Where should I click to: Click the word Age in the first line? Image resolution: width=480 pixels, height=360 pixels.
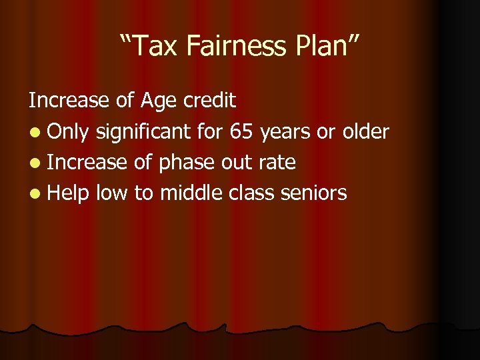[157, 101]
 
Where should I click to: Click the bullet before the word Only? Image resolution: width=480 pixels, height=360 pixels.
[34, 132]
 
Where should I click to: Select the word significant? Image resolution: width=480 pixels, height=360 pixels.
[143, 132]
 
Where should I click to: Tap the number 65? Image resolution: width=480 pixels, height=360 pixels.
[241, 131]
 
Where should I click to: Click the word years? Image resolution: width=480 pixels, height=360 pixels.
[285, 133]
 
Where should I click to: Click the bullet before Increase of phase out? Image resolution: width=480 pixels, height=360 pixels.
[34, 163]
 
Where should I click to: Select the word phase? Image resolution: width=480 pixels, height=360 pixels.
[186, 163]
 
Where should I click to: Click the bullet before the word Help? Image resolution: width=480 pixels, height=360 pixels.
[34, 193]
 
